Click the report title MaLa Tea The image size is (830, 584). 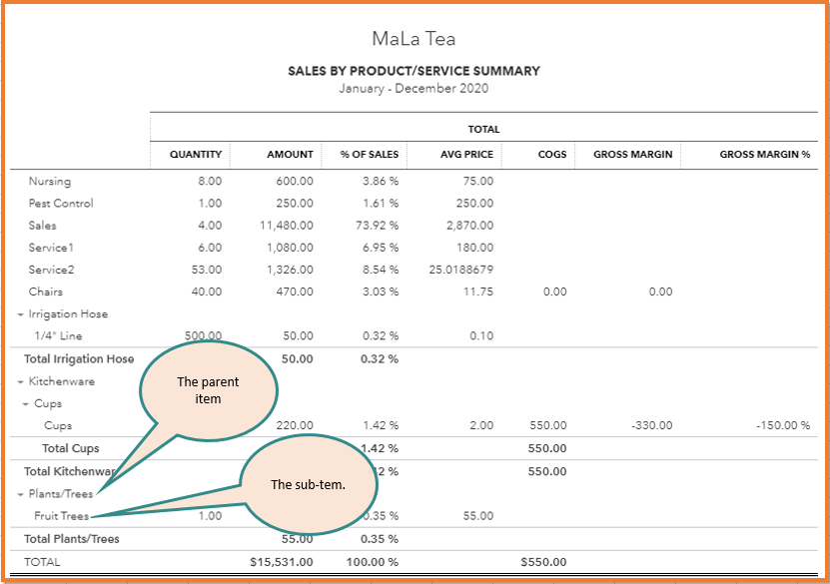(x=414, y=39)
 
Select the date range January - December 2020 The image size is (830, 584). (x=414, y=88)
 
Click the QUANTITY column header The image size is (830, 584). (x=195, y=155)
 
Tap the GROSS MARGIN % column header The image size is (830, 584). (x=764, y=155)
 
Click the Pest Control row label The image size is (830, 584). (x=61, y=204)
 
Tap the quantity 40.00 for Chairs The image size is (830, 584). (x=209, y=292)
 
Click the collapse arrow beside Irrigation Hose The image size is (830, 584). (x=21, y=314)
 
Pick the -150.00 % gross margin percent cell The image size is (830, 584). (x=782, y=425)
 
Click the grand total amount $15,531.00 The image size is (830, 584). (x=282, y=562)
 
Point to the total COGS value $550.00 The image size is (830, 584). (x=543, y=562)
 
